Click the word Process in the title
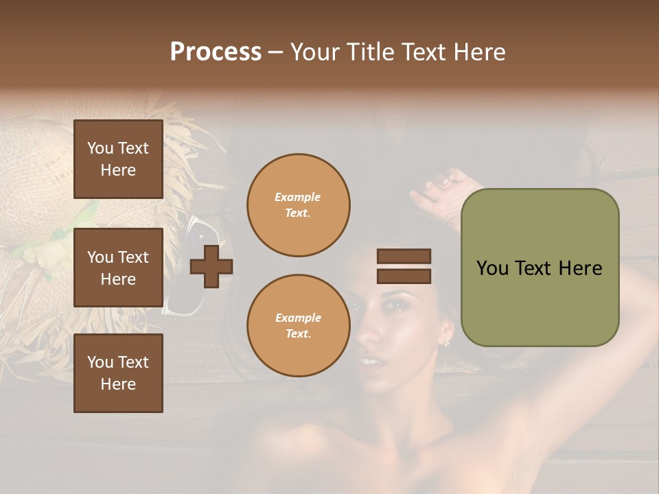pyautogui.click(x=216, y=52)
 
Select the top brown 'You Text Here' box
pyautogui.click(x=118, y=159)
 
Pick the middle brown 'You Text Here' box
pyautogui.click(x=118, y=268)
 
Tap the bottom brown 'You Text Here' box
pyautogui.click(x=118, y=373)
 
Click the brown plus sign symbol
pyautogui.click(x=211, y=266)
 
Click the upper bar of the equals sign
pyautogui.click(x=404, y=256)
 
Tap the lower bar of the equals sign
pyautogui.click(x=404, y=277)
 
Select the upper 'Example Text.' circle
pyautogui.click(x=298, y=205)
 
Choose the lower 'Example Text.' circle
pyautogui.click(x=298, y=325)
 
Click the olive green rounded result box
pyautogui.click(x=540, y=268)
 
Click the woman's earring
pyautogui.click(x=447, y=341)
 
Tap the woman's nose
pyautogui.click(x=369, y=335)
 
